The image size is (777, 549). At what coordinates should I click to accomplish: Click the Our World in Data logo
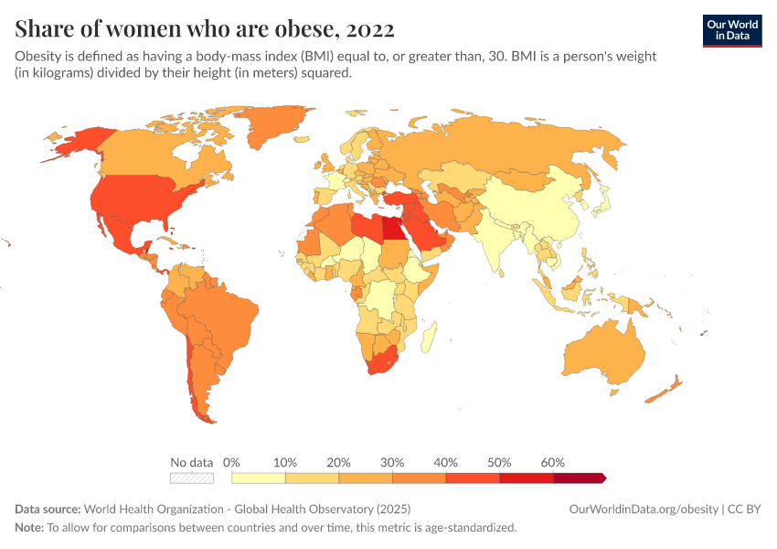[x=731, y=30]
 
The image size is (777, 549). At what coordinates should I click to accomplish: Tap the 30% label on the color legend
[x=392, y=463]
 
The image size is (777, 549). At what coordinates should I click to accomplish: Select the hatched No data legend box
[x=192, y=478]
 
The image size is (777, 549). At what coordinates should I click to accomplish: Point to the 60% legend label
[x=552, y=463]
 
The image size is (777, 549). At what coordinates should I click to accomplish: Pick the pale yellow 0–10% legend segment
[x=259, y=478]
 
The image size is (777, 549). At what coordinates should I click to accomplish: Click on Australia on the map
[x=604, y=352]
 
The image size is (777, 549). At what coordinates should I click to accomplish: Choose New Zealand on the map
[x=665, y=389]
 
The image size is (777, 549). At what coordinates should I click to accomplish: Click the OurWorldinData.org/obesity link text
[x=644, y=510]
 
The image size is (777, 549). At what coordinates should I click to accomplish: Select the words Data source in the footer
[x=48, y=510]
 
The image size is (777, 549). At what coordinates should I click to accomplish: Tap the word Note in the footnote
[x=29, y=528]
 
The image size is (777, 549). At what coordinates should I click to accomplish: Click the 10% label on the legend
[x=285, y=463]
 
